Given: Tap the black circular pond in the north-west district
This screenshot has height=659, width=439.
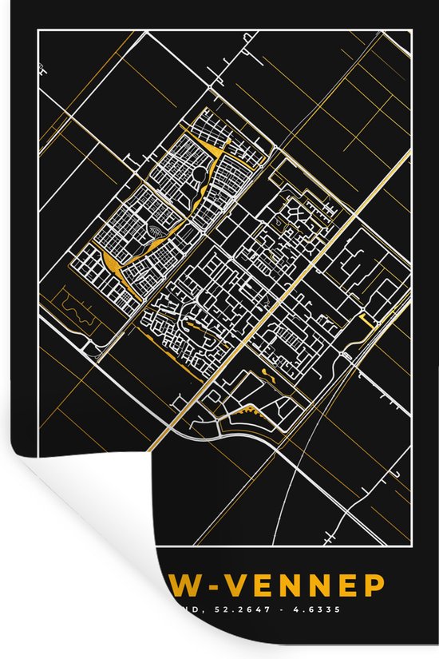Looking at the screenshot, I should pos(198,173).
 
